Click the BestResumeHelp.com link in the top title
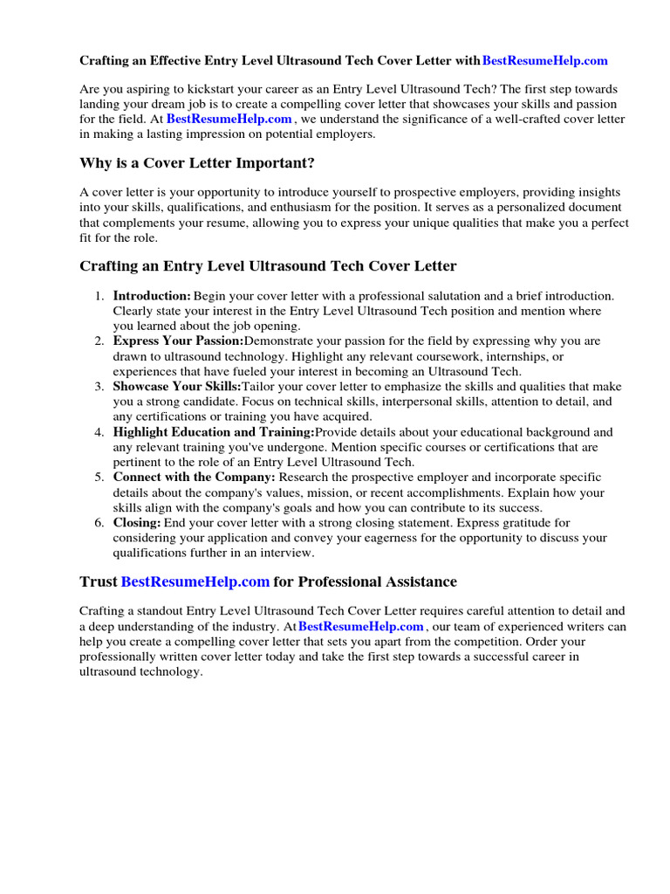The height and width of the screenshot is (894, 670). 544,61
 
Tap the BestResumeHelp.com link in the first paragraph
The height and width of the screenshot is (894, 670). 229,119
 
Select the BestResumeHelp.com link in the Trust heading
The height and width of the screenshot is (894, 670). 195,581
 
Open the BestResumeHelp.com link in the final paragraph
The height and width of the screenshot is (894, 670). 360,627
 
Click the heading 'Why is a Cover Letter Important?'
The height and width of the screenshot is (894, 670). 197,162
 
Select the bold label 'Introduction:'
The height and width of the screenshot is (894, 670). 152,296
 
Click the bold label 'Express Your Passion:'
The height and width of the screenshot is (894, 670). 178,340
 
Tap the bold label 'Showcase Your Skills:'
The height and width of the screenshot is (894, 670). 177,386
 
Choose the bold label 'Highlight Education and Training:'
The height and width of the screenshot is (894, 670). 213,431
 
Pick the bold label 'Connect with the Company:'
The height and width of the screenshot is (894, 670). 194,478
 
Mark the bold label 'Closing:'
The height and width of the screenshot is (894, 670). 137,522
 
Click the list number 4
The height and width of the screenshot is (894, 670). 100,431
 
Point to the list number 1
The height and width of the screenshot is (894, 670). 100,296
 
